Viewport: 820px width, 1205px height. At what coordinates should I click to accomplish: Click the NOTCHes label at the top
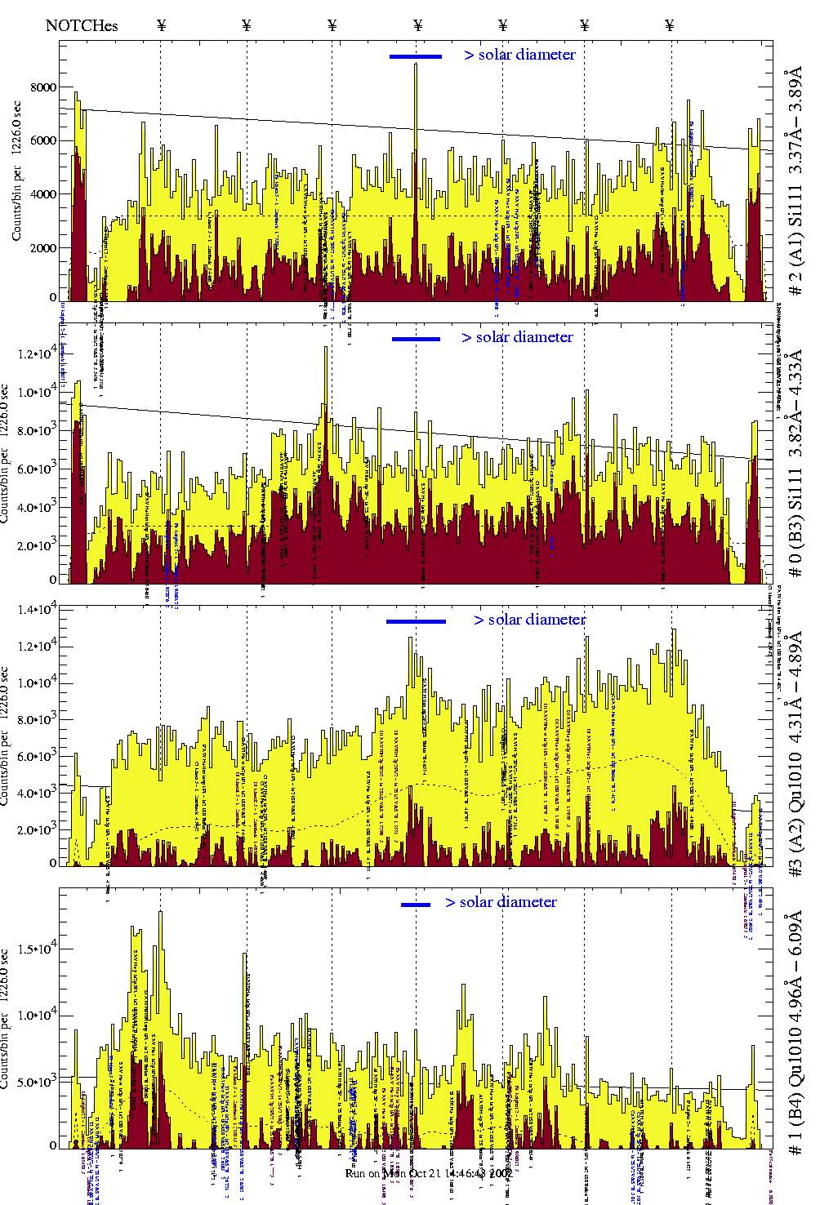82,25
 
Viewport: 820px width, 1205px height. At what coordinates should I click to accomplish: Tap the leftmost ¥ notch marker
161,25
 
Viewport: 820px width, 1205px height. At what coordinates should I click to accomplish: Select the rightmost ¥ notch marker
670,25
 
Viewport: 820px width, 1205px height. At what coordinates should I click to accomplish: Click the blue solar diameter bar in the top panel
415,56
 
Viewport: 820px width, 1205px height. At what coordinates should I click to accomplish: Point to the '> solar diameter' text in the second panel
517,337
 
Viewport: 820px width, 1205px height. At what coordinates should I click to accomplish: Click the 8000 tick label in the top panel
43,87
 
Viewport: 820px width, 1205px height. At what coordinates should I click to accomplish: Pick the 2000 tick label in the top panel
43,248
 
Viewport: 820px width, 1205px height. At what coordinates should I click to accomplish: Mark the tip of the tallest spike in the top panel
416,64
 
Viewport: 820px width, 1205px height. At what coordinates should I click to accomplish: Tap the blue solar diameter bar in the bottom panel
416,905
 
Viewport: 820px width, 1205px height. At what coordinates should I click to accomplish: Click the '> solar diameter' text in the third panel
529,620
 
